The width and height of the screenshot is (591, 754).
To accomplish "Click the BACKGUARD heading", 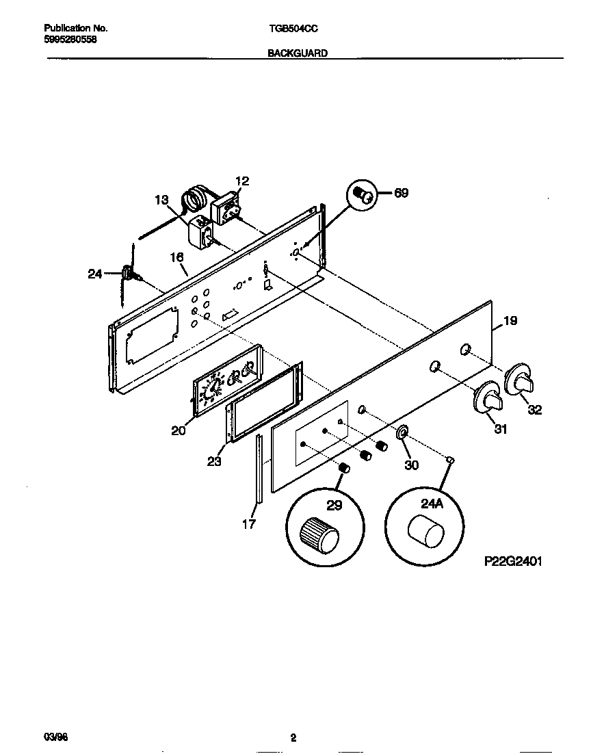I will [x=296, y=52].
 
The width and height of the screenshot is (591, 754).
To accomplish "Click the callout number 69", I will [x=401, y=193].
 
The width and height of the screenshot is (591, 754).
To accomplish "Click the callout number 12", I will [x=242, y=181].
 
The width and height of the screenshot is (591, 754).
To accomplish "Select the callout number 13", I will [x=161, y=200].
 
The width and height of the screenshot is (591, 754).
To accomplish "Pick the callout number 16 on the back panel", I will [x=176, y=257].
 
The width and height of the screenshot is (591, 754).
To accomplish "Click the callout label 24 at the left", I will [x=95, y=274].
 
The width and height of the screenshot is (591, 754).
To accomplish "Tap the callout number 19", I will [x=510, y=320].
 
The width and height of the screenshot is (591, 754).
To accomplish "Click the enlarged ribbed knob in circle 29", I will [x=319, y=534].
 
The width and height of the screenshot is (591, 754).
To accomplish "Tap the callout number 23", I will [x=214, y=461].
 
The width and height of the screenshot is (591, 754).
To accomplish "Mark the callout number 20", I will [x=179, y=430].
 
